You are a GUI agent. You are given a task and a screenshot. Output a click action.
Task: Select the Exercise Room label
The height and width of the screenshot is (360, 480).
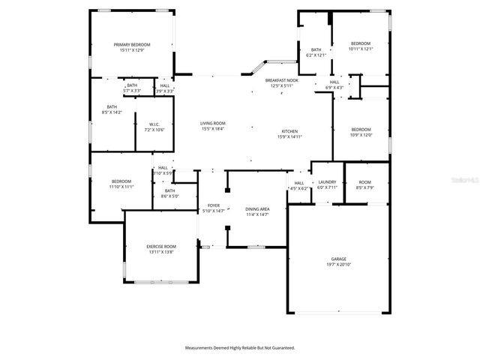[160, 247]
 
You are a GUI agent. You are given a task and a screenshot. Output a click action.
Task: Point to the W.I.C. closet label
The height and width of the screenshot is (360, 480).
[154, 124]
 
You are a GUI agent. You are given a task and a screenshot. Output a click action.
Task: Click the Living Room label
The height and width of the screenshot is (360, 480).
[212, 123]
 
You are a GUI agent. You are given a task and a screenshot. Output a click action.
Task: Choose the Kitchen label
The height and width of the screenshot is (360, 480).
[289, 131]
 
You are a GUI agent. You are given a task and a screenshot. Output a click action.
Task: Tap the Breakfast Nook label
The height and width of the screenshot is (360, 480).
[283, 80]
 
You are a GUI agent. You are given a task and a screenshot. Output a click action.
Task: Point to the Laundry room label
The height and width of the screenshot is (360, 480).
[327, 182]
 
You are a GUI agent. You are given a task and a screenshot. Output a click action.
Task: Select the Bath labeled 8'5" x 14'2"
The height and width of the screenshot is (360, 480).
[112, 106]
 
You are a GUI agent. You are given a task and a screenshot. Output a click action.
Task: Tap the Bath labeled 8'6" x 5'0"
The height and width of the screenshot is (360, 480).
[169, 190]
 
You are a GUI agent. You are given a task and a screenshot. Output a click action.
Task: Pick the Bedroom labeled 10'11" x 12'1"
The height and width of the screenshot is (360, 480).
[361, 44]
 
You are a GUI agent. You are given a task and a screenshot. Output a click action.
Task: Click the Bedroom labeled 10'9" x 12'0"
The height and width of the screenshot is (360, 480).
[361, 129]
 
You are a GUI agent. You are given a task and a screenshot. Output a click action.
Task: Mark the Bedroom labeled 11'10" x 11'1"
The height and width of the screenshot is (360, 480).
[121, 181]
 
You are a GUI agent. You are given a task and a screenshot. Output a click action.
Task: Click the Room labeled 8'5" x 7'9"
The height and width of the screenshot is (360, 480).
[364, 182]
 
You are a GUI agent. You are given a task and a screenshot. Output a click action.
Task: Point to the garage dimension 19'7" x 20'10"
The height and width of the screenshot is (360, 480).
[339, 264]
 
